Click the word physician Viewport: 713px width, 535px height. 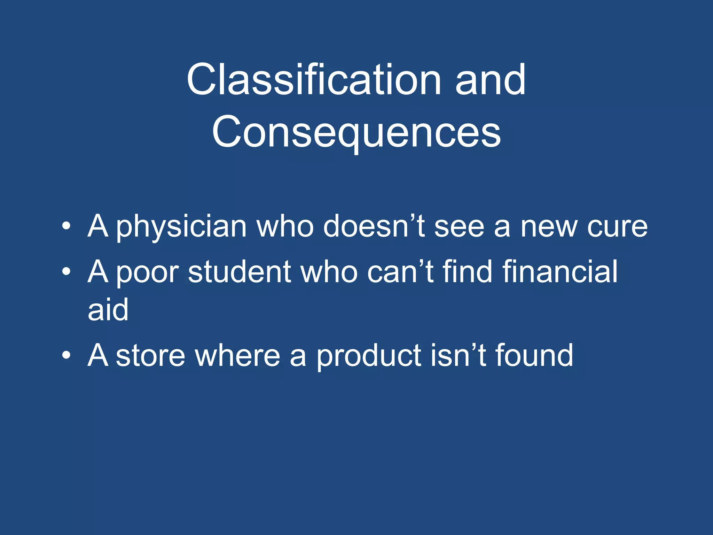point(181,227)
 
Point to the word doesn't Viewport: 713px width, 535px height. point(374,226)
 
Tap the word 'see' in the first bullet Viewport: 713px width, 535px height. point(459,227)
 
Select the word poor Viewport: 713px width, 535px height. point(147,272)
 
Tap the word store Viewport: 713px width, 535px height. point(150,356)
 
